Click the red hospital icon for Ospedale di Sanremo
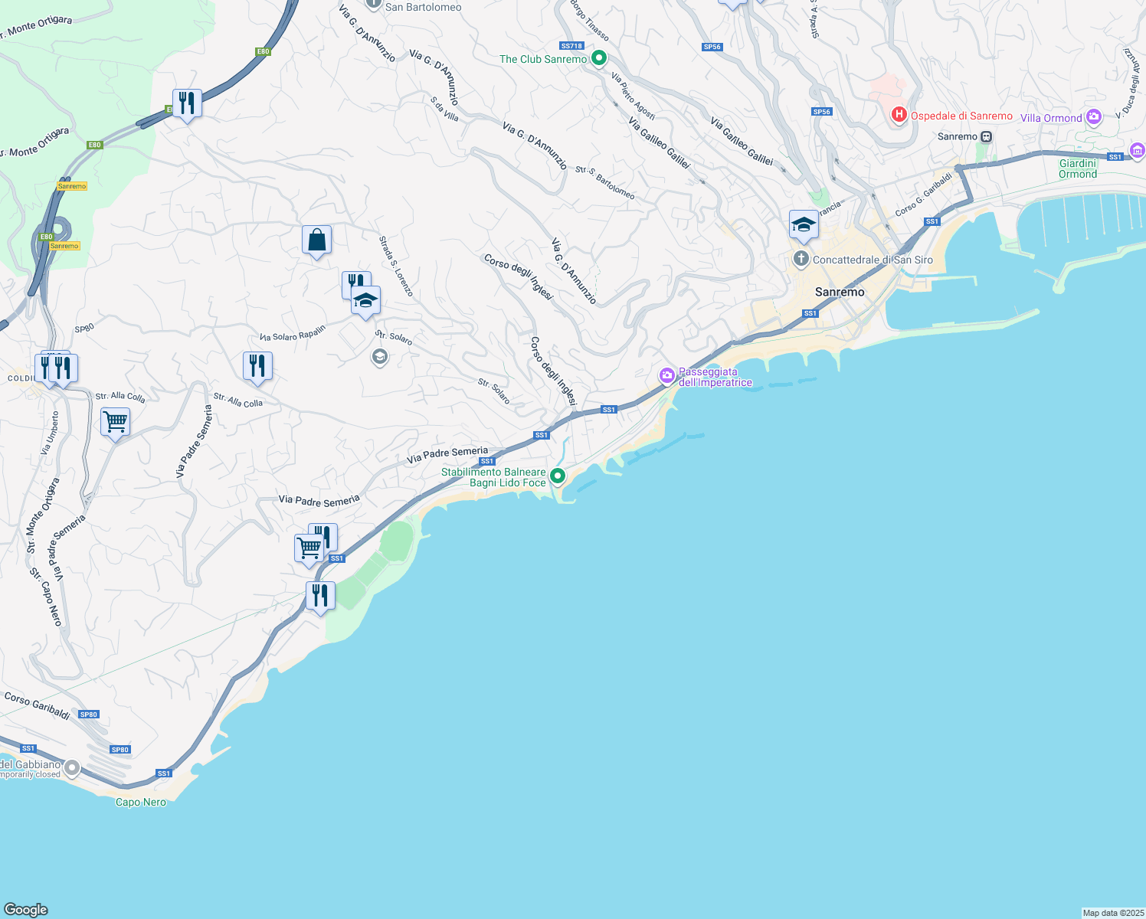[x=899, y=116]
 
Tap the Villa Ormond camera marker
[x=1093, y=117]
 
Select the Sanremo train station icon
[x=987, y=137]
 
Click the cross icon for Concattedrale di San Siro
[x=801, y=259]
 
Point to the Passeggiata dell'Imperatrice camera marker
[x=667, y=375]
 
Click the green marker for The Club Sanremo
[x=600, y=58]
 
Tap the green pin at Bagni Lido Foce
[x=558, y=476]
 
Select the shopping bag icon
[x=316, y=240]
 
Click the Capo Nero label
[x=141, y=802]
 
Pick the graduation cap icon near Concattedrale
[x=804, y=225]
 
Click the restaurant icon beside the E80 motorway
[x=187, y=103]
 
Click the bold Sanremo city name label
[x=840, y=292]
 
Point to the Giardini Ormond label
[x=1078, y=168]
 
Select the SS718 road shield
[x=571, y=46]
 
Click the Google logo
[x=26, y=909]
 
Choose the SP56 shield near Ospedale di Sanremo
[x=821, y=112]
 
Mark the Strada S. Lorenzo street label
[x=396, y=266]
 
